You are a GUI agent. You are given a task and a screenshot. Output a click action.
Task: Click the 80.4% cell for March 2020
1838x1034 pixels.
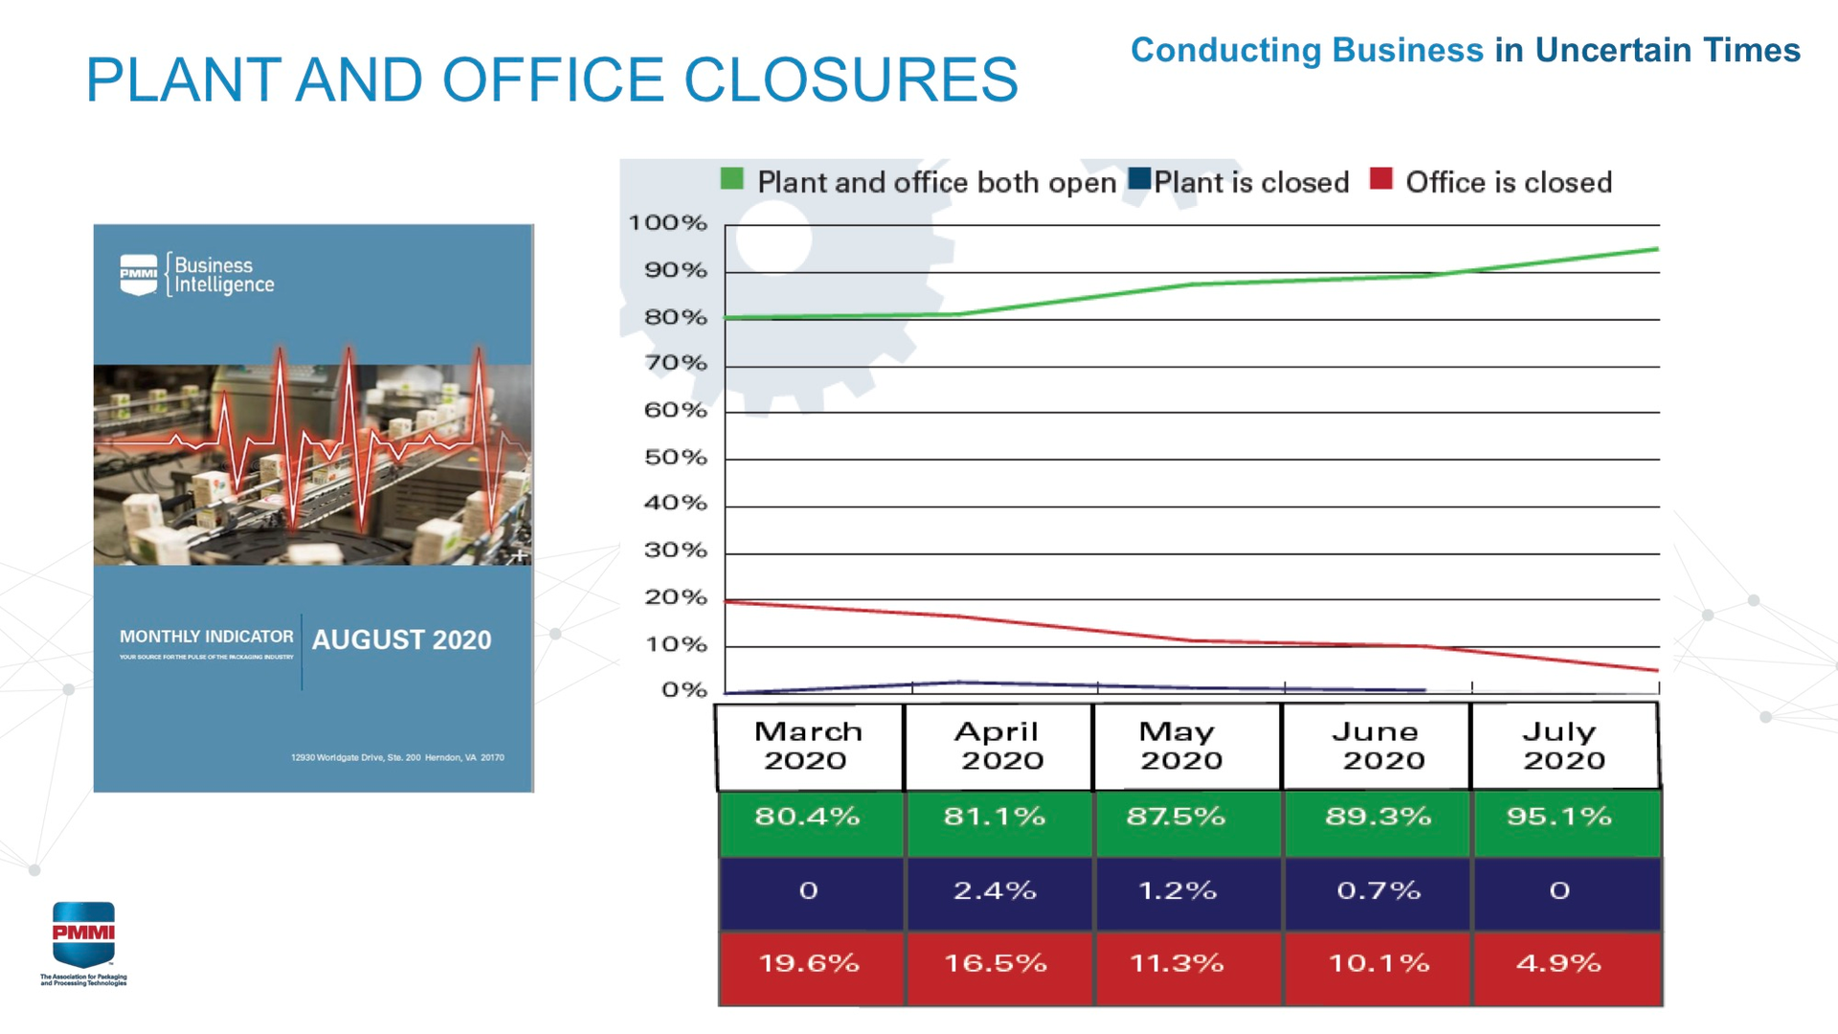tap(808, 818)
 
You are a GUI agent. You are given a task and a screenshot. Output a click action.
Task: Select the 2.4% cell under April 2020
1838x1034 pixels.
tap(996, 891)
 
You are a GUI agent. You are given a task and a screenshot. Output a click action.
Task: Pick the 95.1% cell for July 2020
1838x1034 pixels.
tap(1559, 818)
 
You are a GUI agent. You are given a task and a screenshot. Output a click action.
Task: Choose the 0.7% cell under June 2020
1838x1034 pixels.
tap(1378, 891)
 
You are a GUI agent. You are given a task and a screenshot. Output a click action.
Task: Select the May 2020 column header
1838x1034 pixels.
tap(1179, 746)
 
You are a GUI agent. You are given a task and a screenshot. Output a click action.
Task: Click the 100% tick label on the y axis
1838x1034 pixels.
tap(667, 223)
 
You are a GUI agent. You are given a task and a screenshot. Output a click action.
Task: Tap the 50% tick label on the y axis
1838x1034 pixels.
tap(675, 458)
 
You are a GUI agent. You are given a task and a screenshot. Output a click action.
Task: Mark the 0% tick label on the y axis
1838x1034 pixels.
tap(684, 690)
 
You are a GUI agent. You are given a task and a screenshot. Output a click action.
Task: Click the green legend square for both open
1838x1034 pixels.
tap(732, 179)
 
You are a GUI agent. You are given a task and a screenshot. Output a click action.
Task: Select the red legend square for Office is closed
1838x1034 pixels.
tap(1380, 179)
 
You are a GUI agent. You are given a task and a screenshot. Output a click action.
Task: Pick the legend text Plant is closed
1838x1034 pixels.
tap(1251, 182)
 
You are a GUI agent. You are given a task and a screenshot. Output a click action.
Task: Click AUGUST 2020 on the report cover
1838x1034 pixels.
tap(401, 640)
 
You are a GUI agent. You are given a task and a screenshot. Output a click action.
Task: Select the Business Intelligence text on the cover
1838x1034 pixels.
tap(223, 275)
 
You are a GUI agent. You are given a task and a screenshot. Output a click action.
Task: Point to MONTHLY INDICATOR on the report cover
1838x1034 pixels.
tap(206, 637)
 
